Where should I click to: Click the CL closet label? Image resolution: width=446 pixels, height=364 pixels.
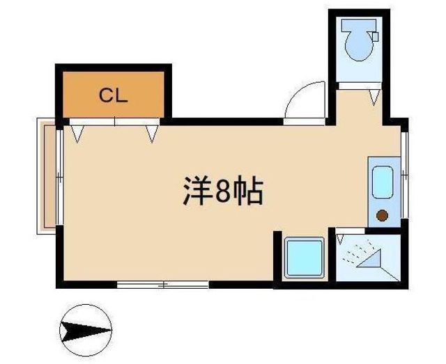[x=113, y=95]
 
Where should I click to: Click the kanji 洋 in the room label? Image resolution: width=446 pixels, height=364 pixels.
[x=197, y=191]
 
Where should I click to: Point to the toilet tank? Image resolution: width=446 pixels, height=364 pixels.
[x=359, y=26]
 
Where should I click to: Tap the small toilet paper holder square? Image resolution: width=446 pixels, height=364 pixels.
[x=376, y=37]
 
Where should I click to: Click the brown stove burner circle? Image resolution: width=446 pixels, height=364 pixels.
[x=382, y=215]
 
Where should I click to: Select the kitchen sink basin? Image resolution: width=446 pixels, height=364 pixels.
[x=383, y=182]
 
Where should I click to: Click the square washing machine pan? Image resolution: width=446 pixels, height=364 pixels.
[x=305, y=258]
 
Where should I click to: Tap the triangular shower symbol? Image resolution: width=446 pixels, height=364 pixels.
[x=369, y=258]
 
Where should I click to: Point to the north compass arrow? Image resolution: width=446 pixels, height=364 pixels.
[x=86, y=330]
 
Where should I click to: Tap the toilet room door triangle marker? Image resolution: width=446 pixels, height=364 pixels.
[x=375, y=97]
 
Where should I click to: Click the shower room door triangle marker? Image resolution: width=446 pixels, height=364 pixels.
[x=340, y=239]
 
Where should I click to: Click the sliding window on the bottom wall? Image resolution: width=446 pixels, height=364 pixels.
[x=162, y=285]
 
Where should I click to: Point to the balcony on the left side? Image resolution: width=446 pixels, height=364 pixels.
[x=47, y=175]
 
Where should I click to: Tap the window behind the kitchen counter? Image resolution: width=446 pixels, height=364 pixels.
[x=404, y=175]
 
